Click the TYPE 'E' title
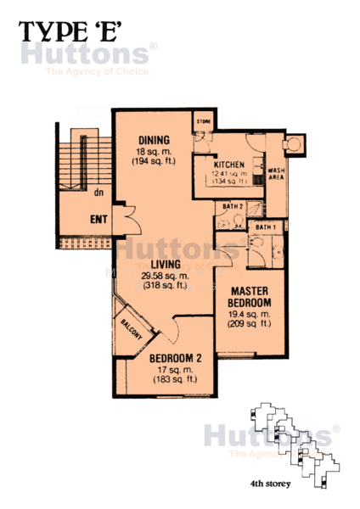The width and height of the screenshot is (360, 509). coord(73,31)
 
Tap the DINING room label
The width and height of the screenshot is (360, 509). coord(154,140)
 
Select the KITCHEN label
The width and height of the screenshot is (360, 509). coord(229,165)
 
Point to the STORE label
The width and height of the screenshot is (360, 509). coord(203,120)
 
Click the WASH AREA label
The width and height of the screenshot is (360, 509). coord(276,175)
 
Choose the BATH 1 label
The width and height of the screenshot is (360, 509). coord(265,227)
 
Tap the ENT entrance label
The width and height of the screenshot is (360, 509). coord(99,221)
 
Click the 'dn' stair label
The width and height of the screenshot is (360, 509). coord(99,191)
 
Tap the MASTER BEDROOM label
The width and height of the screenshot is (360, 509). coord(249,297)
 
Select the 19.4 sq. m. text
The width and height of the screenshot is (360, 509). coord(249,313)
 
